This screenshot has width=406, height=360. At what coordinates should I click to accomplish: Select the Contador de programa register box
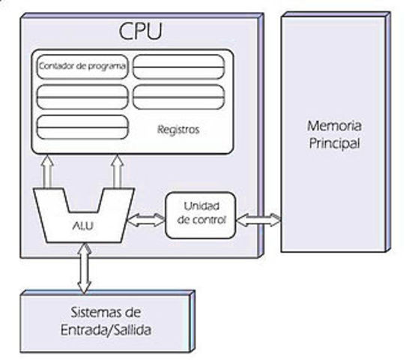coord(82,67)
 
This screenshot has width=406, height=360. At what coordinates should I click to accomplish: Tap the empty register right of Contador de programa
coord(179,67)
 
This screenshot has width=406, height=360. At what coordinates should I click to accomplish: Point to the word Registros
coord(178,129)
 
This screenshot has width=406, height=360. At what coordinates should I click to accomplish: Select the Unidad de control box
coord(200,214)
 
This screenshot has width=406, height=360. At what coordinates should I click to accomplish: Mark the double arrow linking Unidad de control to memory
coord(259,220)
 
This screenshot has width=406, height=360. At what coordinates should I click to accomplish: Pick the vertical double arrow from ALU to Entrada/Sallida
coord(84,268)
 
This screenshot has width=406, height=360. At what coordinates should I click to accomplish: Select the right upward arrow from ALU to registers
coord(118,171)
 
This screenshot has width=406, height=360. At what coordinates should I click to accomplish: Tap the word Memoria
coord(334,125)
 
